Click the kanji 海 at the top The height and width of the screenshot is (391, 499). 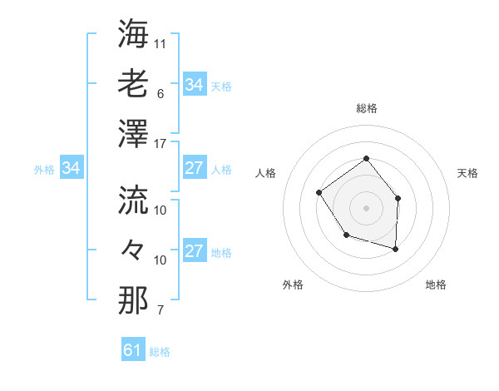pyautogui.click(x=133, y=34)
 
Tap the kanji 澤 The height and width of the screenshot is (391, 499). pyautogui.click(x=133, y=133)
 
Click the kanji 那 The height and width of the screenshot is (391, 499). pyautogui.click(x=133, y=299)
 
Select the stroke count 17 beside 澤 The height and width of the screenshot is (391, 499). pyautogui.click(x=161, y=144)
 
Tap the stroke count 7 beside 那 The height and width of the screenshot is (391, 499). pyautogui.click(x=161, y=310)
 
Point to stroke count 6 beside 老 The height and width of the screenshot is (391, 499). pyautogui.click(x=161, y=94)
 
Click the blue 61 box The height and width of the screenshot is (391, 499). pyautogui.click(x=132, y=350)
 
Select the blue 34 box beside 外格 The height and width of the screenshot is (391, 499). pyautogui.click(x=72, y=169)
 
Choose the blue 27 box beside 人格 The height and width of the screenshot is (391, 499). pyautogui.click(x=194, y=168)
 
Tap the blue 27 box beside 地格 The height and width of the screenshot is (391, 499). pyautogui.click(x=194, y=252)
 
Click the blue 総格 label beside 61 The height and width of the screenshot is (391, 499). pyautogui.click(x=160, y=352)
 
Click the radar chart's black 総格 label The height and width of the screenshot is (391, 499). pyautogui.click(x=366, y=108)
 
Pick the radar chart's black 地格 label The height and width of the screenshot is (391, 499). pyautogui.click(x=436, y=285)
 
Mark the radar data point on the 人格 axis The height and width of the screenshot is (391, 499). pyautogui.click(x=319, y=193)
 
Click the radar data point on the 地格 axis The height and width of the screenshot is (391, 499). pyautogui.click(x=396, y=249)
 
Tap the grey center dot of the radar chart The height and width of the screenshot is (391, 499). pyautogui.click(x=366, y=207)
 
